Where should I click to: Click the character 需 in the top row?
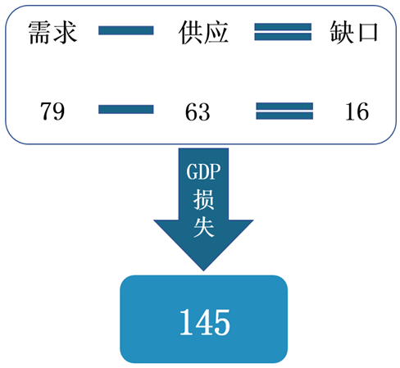[40, 33]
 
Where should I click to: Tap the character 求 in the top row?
[65, 33]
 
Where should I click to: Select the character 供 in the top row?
[191, 33]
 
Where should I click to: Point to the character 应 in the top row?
[216, 33]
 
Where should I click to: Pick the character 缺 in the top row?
[342, 32]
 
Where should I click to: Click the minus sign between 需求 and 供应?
[126, 30]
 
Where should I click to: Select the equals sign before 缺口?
[283, 32]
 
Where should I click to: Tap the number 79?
[52, 111]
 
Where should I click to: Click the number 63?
[198, 112]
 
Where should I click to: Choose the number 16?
[357, 111]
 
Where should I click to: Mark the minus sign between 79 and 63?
[126, 109]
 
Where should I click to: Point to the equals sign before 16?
[284, 111]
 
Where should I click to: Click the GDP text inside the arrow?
[203, 172]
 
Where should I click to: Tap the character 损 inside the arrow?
[203, 200]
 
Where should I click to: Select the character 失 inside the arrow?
[203, 227]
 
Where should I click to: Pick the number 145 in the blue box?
[205, 322]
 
